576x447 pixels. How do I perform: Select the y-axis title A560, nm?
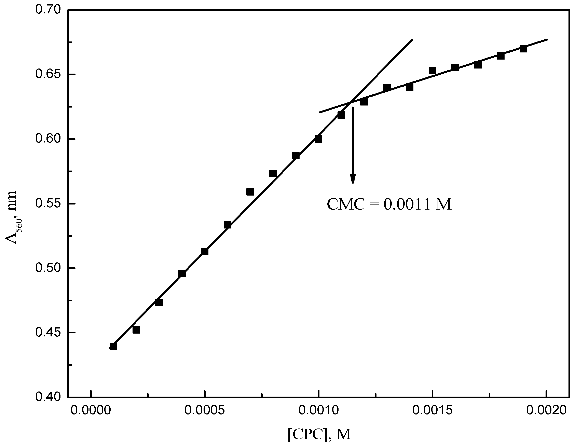click(11, 217)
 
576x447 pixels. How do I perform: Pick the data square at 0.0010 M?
click(318, 139)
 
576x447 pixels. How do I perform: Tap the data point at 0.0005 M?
click(205, 251)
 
